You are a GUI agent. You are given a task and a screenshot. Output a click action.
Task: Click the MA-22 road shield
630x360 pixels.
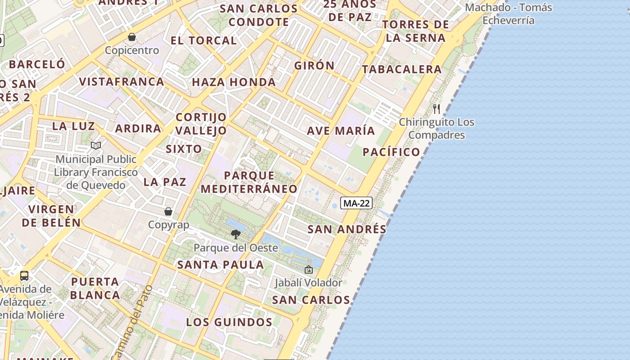tap(356, 203)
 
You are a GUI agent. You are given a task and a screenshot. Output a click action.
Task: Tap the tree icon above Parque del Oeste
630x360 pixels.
tap(235, 234)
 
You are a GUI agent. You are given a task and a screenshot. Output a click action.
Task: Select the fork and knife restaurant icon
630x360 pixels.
tap(436, 108)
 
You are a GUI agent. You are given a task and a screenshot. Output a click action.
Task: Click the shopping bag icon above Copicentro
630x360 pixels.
tap(132, 37)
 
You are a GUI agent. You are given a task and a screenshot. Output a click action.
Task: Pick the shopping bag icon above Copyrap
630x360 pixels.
tap(168, 211)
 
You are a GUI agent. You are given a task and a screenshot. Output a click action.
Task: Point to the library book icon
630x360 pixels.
tap(96, 145)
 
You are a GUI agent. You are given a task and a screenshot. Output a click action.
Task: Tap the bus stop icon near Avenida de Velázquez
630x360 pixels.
tap(24, 275)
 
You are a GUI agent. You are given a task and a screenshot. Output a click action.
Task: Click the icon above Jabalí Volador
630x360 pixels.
tap(309, 270)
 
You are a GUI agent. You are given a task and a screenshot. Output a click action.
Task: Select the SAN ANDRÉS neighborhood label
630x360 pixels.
tap(347, 229)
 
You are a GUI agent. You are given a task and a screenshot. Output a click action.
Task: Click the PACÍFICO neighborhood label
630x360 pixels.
tap(391, 152)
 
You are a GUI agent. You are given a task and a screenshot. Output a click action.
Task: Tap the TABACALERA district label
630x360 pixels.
tap(402, 69)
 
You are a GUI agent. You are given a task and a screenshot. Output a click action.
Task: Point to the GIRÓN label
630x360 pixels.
tap(315, 65)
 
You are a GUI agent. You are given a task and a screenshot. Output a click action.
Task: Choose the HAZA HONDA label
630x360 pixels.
tap(234, 82)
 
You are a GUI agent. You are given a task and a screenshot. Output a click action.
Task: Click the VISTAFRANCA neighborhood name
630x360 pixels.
tap(121, 81)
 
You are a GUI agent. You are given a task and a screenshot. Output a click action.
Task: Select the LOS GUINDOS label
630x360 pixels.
tap(229, 322)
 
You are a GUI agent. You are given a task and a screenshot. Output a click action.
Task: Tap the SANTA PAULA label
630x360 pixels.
tap(220, 265)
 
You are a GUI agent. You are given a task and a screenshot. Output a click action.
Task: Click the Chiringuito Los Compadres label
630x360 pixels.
tap(436, 128)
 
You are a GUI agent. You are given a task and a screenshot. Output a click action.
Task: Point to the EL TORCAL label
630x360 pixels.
tap(203, 40)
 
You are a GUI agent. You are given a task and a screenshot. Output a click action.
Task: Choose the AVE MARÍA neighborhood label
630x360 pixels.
tap(341, 130)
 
